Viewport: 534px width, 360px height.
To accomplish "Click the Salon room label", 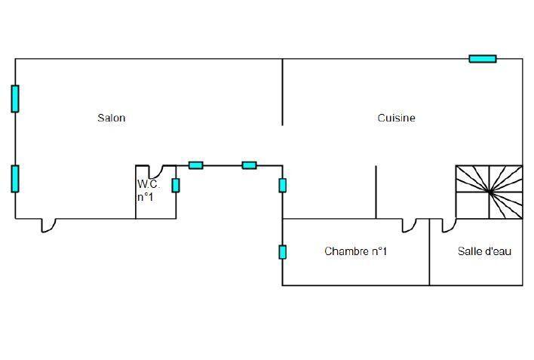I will tap(111, 118).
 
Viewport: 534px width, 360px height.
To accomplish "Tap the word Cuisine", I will tap(396, 118).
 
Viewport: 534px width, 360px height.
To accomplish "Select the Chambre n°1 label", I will tap(355, 251).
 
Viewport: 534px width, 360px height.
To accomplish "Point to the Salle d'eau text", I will tap(484, 251).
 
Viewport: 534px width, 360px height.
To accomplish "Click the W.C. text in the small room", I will tap(147, 184).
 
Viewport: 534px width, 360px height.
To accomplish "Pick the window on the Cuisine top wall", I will tap(483, 58).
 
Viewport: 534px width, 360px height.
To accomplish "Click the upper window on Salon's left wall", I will tap(15, 99).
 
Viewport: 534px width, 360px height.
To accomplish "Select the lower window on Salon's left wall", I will tap(15, 178).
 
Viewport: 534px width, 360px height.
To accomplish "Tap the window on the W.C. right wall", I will tap(176, 185).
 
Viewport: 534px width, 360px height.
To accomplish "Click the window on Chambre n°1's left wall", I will tap(282, 252).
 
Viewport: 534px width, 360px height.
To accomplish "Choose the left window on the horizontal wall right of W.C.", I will tap(195, 165).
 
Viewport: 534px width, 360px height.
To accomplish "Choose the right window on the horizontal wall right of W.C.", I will tap(249, 165).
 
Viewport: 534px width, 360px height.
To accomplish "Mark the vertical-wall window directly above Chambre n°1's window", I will tap(282, 185).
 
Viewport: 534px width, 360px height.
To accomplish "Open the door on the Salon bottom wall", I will tap(48, 224).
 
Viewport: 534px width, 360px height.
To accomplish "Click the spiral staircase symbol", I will tap(489, 192).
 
